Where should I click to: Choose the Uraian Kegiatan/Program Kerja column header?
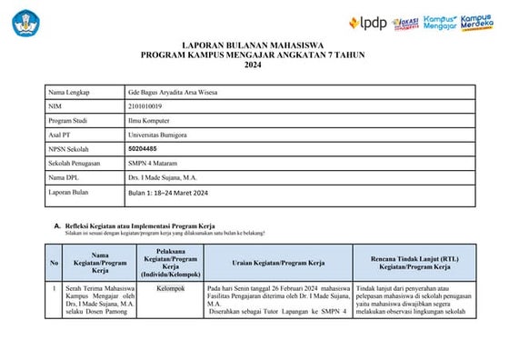click(x=278, y=263)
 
